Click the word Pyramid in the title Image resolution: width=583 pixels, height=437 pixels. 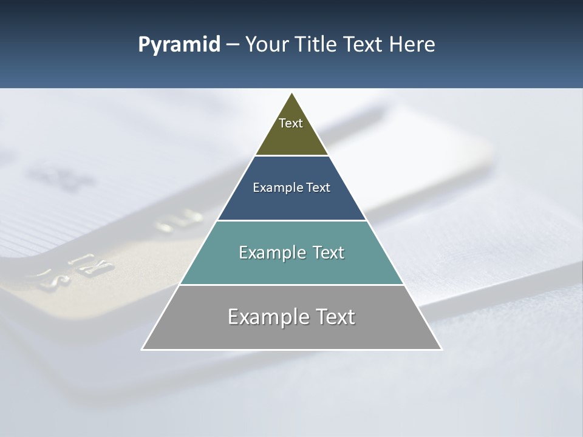[179, 45]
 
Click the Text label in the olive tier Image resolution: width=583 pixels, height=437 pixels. [291, 123]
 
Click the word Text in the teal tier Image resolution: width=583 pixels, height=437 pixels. [329, 252]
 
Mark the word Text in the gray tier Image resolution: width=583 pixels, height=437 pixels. [335, 317]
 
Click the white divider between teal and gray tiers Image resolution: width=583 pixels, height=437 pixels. [291, 285]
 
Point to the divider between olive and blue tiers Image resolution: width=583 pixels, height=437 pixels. [291, 155]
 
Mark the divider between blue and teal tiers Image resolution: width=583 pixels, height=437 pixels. [291, 220]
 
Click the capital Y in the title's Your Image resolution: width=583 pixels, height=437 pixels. [251, 45]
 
